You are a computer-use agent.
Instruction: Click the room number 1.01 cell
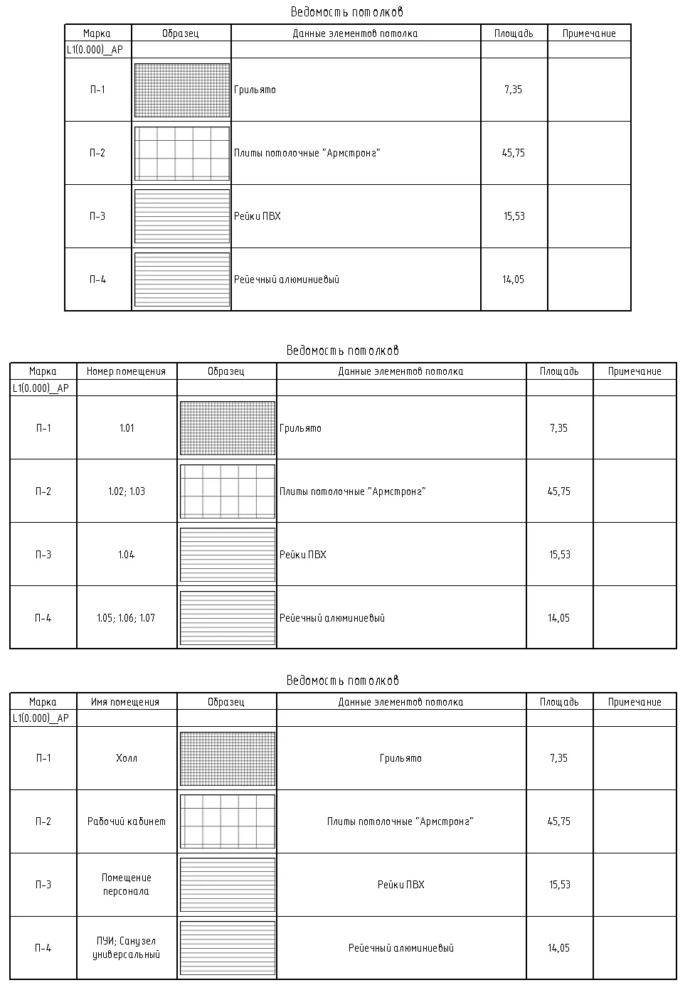[127, 428]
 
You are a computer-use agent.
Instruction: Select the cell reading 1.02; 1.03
[127, 491]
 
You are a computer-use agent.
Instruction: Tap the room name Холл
[127, 758]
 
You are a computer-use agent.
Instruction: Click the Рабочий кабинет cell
[127, 821]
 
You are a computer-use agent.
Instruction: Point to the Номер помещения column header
[126, 371]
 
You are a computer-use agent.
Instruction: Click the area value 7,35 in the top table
[513, 90]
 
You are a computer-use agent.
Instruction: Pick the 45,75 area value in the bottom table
[559, 821]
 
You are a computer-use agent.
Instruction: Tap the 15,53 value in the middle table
[559, 555]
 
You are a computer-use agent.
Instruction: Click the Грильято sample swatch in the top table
[182, 90]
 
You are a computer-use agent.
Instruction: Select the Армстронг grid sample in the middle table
[228, 491]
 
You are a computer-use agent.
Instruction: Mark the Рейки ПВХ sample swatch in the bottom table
[228, 885]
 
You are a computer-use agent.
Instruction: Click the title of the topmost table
[347, 12]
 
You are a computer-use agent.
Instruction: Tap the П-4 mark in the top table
[97, 280]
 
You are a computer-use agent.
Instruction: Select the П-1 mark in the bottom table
[43, 758]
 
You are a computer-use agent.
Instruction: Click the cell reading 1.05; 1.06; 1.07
[126, 618]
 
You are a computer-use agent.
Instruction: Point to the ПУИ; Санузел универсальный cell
[127, 948]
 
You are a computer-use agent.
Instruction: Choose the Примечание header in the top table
[589, 33]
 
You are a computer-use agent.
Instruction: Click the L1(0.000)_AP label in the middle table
[41, 388]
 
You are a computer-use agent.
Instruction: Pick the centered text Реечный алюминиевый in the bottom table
[401, 948]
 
